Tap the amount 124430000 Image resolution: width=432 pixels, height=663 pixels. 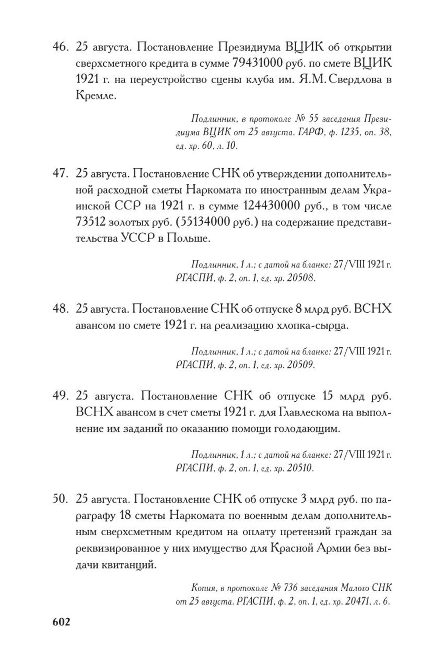click(x=272, y=206)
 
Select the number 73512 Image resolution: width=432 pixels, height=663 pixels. click(x=90, y=223)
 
